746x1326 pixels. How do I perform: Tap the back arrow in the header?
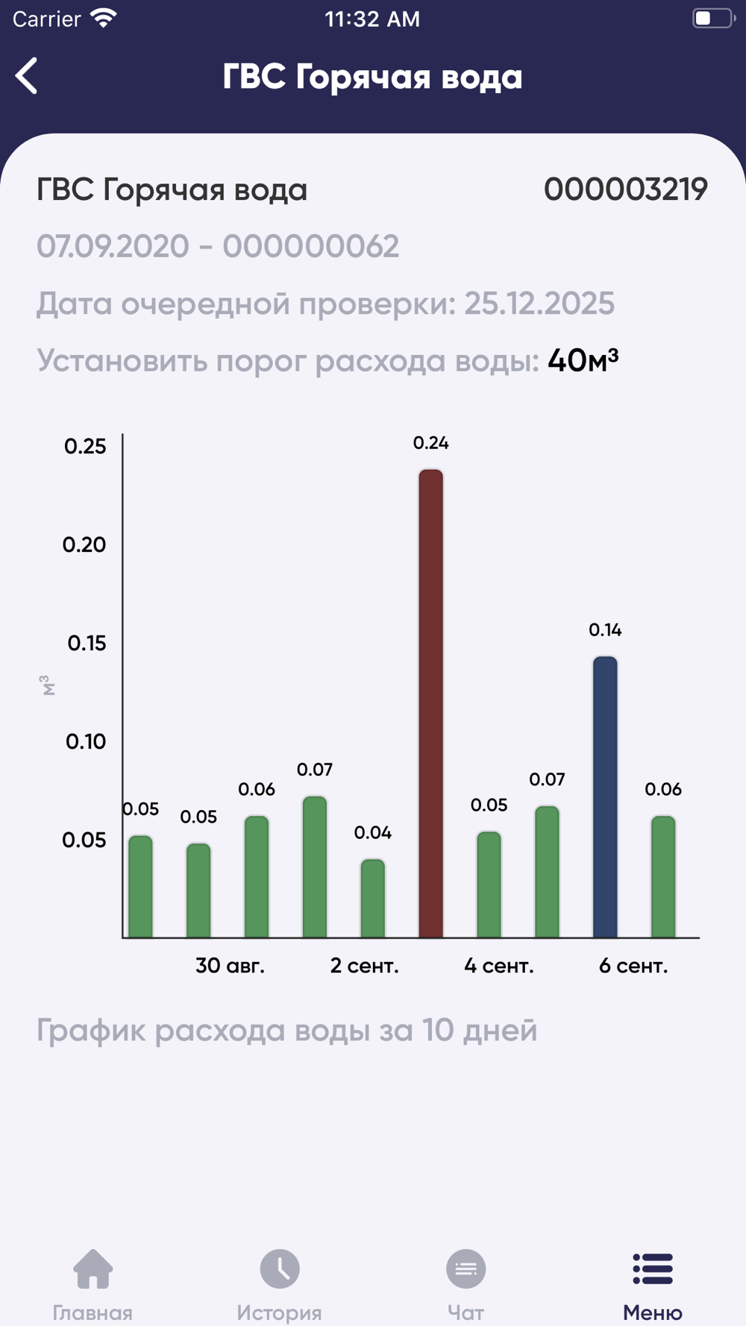click(x=27, y=76)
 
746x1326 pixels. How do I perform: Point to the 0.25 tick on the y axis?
click(x=85, y=446)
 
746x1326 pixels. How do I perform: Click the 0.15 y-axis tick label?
click(x=87, y=643)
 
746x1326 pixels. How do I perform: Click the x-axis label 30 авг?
click(x=230, y=966)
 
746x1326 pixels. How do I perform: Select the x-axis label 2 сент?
click(x=364, y=966)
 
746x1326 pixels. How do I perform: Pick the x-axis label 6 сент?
click(x=633, y=966)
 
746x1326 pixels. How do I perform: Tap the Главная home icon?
click(x=93, y=1269)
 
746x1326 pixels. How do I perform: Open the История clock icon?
click(x=280, y=1269)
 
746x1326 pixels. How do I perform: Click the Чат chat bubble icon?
click(x=466, y=1269)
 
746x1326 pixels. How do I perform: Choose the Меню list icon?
click(x=653, y=1269)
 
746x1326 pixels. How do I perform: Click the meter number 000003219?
click(x=625, y=189)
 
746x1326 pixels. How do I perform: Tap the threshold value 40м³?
click(x=583, y=361)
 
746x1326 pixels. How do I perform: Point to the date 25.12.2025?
click(x=539, y=304)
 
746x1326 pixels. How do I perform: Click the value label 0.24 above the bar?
click(x=430, y=443)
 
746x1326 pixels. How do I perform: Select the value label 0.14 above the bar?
click(x=605, y=630)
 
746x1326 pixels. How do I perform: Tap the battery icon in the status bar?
click(x=712, y=19)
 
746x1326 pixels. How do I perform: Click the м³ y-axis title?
click(x=48, y=685)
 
